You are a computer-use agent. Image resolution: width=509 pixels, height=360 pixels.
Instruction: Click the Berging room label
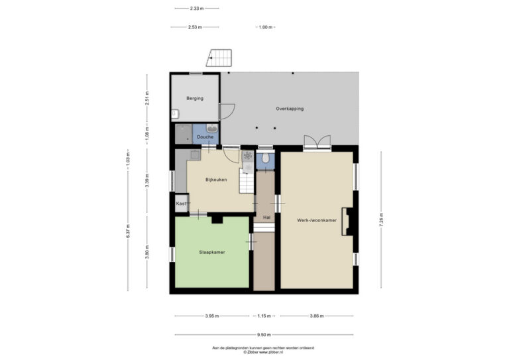195,98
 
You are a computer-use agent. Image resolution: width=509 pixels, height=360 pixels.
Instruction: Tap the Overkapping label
290,109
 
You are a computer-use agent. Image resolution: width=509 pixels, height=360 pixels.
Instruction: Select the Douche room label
205,137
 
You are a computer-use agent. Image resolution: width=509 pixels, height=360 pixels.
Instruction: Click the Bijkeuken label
216,180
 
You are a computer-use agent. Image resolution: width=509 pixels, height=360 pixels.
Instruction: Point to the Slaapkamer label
212,252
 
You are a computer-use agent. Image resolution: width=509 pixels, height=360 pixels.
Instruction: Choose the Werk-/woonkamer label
317,220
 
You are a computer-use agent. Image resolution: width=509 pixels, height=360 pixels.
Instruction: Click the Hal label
266,217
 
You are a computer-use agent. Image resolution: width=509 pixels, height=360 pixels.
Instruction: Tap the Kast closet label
181,204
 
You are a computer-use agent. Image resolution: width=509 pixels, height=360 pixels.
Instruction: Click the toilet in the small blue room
265,158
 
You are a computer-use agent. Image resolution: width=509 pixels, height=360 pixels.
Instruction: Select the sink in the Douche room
212,129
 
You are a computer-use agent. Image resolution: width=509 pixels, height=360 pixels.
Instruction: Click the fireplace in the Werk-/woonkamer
347,221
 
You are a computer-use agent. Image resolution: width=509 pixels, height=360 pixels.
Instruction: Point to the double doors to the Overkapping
317,142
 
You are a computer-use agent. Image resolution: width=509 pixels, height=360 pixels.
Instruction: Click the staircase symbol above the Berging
219,58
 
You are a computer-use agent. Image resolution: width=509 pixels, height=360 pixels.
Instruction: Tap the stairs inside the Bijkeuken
247,181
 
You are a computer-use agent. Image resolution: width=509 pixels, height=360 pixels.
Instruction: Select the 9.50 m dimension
264,335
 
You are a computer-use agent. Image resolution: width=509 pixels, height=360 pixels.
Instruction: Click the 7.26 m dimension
381,219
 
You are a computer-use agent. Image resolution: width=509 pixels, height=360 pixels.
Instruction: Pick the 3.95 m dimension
212,316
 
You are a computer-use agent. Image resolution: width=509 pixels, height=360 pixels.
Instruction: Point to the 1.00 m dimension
265,27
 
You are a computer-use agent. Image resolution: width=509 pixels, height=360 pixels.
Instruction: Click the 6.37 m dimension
128,231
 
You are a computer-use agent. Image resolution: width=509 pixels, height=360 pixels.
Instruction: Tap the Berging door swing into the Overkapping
227,111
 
